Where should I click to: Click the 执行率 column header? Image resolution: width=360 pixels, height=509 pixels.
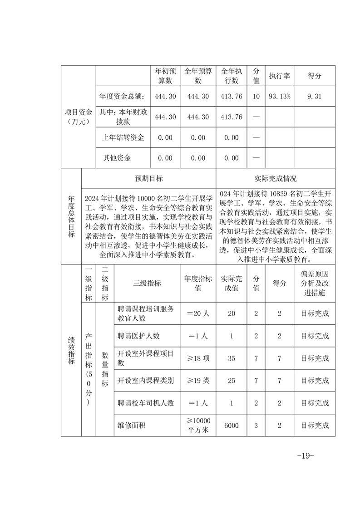pos(279,76)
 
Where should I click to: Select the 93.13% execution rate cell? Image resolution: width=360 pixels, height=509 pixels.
pos(279,96)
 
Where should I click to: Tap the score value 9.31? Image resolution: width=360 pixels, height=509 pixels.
pos(314,96)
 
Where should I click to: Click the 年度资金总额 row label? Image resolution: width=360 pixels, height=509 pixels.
pos(122,96)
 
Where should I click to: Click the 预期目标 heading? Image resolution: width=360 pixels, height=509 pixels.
pos(148,178)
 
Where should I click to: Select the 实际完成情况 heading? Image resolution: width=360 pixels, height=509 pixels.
pos(276,178)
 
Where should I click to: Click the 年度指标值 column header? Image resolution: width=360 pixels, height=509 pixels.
pos(197,283)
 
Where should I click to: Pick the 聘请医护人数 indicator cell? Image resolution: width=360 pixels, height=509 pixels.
pos(138,336)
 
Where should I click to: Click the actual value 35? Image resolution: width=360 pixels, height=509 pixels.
pos(232,358)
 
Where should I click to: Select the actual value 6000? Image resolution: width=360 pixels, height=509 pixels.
pos(232,426)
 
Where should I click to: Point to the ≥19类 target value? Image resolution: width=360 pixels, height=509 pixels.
pos(197,380)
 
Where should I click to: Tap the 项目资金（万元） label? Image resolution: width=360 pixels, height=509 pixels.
pos(78,117)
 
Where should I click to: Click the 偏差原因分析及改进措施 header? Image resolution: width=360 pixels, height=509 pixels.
pos(315,283)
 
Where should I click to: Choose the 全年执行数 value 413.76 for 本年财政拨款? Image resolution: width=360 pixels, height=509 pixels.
pos(232,117)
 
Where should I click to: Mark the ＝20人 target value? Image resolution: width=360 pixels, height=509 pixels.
pos(197,313)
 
